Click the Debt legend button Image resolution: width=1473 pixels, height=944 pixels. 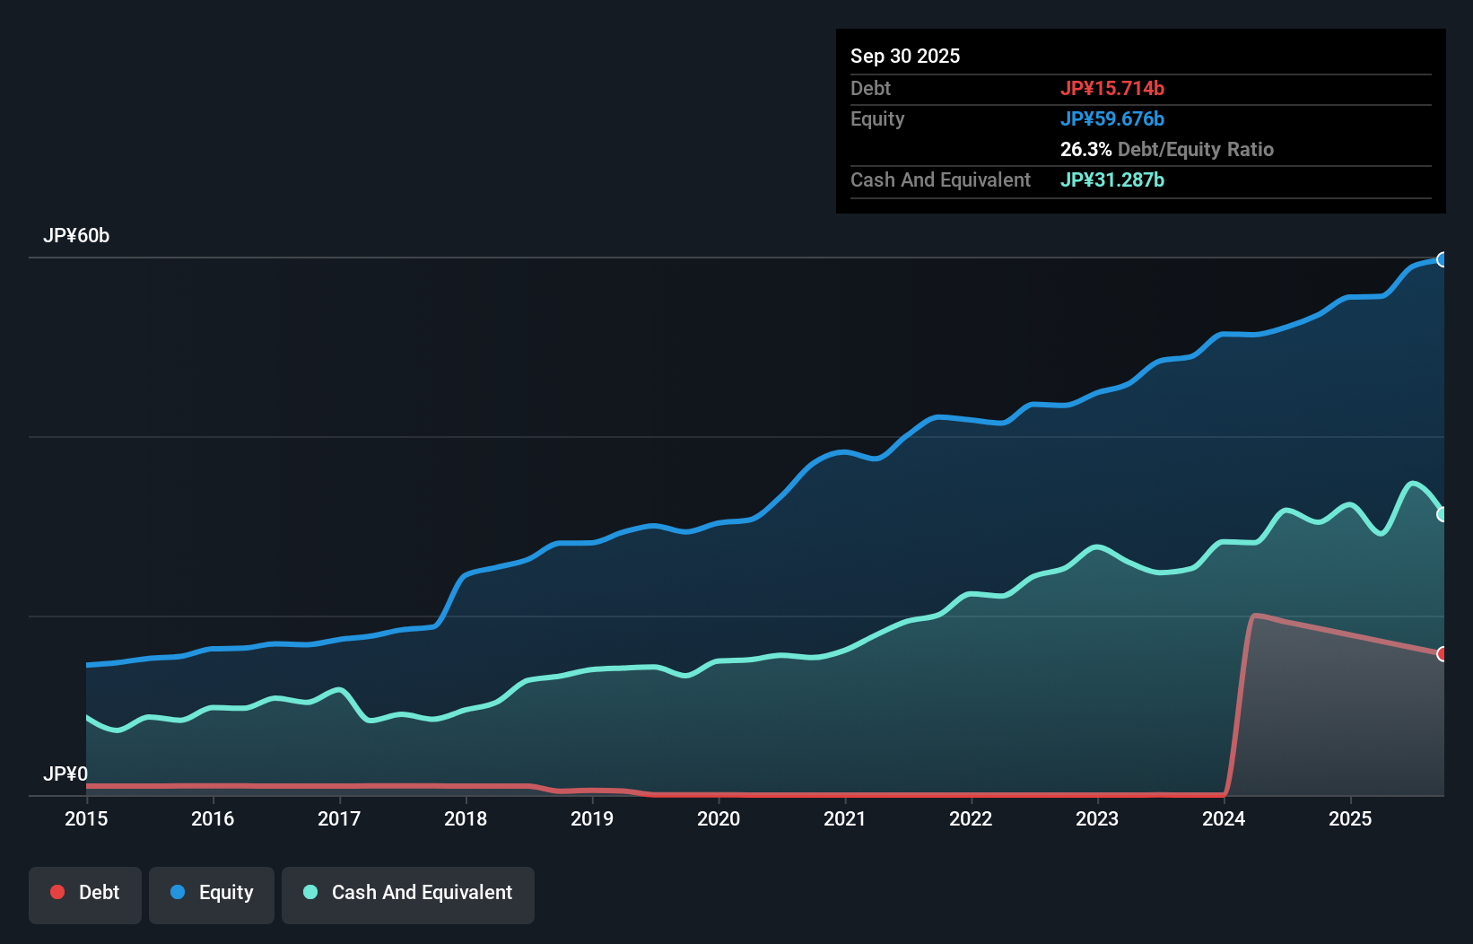pos(85,894)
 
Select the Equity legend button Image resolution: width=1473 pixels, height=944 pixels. pos(212,894)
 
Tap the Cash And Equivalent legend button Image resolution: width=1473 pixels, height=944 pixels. pos(408,894)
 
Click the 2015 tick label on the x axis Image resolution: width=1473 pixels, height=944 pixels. pos(86,818)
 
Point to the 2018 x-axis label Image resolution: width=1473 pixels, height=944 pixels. pos(466,818)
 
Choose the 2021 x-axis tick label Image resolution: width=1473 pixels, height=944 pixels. pos(845,818)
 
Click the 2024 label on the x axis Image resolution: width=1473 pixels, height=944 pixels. pos(1224,818)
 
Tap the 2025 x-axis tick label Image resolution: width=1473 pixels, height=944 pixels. pos(1350,818)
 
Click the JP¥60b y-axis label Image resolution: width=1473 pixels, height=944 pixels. pos(76,236)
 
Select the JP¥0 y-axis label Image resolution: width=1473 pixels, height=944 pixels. pos(65,774)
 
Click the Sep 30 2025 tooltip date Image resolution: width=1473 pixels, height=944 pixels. pos(905,56)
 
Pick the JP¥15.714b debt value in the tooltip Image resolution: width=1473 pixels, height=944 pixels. pos(1112,88)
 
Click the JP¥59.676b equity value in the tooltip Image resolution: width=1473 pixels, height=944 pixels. pos(1112,118)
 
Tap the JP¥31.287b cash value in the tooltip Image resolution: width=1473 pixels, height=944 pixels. pos(1112,179)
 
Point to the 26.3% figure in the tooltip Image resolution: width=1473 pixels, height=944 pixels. pos(1085,149)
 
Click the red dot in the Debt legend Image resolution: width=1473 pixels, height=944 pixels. pos(57,892)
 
